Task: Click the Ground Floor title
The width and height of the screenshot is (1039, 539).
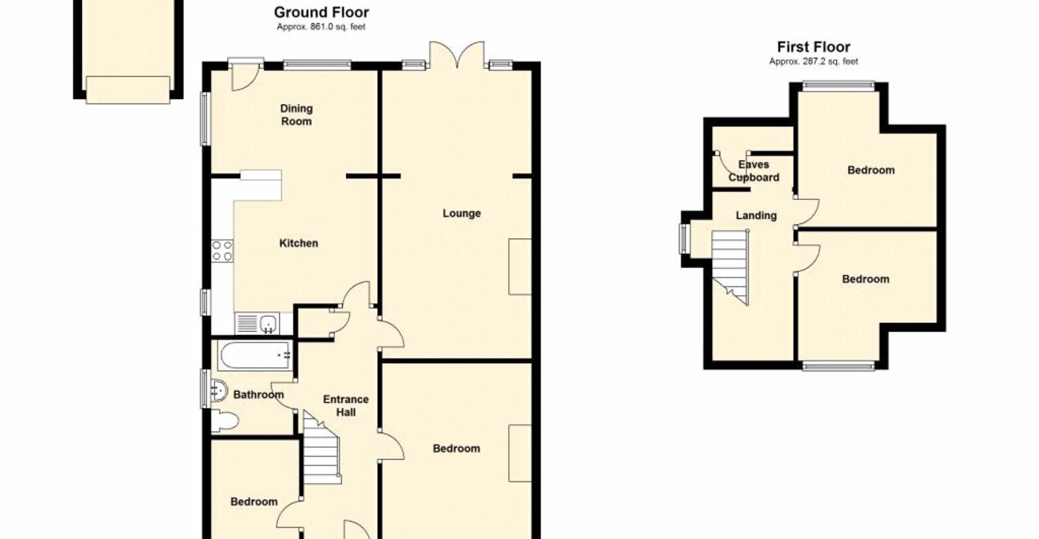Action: click(x=321, y=12)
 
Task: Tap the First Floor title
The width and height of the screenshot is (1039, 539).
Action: click(x=814, y=47)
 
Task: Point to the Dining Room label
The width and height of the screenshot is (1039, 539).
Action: click(x=296, y=115)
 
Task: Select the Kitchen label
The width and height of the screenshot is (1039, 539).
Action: click(x=298, y=243)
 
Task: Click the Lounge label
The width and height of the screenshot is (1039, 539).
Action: click(x=462, y=214)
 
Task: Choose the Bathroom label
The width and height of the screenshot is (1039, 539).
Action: click(x=258, y=395)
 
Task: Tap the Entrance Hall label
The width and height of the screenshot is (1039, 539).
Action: click(x=345, y=405)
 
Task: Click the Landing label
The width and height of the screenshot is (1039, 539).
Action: click(x=756, y=215)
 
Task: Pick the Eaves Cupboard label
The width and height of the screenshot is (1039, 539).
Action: click(x=754, y=171)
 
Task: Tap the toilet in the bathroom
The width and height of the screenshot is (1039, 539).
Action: click(x=225, y=421)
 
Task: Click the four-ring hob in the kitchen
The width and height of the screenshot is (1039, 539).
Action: click(x=222, y=250)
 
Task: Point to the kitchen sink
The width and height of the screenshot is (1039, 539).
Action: click(x=269, y=323)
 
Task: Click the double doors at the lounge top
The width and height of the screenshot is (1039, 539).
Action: click(x=456, y=56)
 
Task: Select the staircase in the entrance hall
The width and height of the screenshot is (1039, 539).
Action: click(x=322, y=451)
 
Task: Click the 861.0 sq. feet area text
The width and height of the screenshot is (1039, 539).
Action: click(x=321, y=26)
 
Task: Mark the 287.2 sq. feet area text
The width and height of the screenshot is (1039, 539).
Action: click(x=814, y=62)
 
